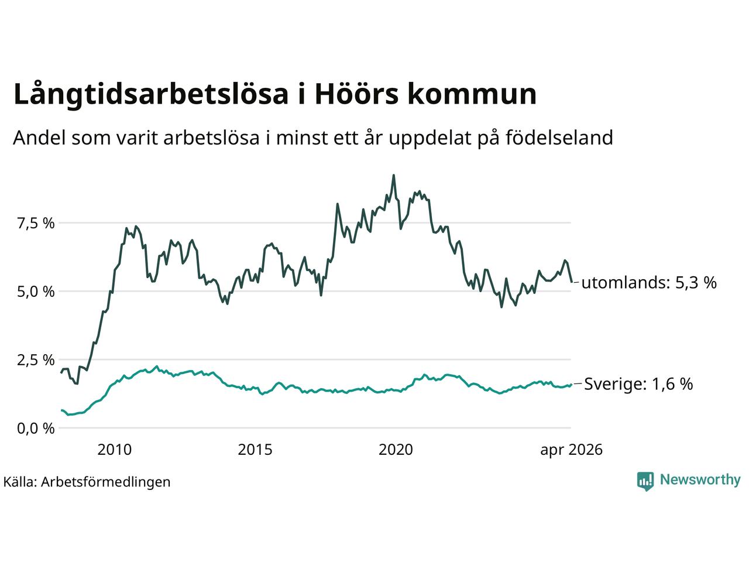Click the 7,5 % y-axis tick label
click(36, 224)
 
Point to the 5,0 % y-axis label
click(36, 292)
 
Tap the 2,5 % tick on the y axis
click(36, 360)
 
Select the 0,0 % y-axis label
click(36, 429)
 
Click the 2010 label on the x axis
click(114, 450)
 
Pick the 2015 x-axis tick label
click(255, 450)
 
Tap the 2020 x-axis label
click(396, 450)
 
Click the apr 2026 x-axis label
click(571, 450)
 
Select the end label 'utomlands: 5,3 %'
click(649, 283)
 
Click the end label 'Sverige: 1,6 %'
click(638, 384)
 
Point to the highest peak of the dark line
click(393, 176)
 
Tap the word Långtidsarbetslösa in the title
click(151, 94)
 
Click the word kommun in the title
click(472, 94)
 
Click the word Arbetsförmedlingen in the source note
click(105, 482)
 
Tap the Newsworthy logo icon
click(645, 481)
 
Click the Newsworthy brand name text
click(700, 480)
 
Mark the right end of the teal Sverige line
click(572, 384)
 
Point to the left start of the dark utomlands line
click(61, 373)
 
